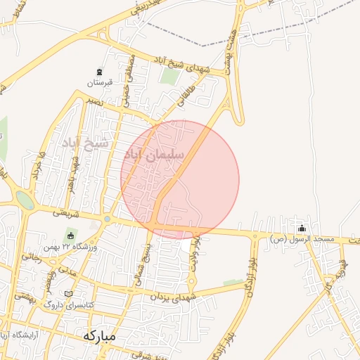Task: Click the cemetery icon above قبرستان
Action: [x=100, y=72]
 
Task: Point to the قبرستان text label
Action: [x=100, y=82]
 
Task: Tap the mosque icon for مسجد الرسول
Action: [x=302, y=228]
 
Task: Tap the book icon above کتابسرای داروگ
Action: [x=68, y=294]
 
